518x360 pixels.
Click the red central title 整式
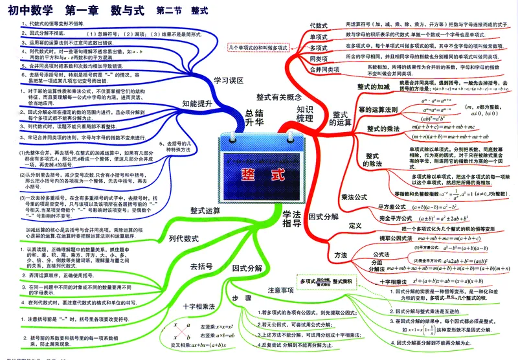[x=259, y=174]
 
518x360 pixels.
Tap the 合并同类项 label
[x=324, y=70]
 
